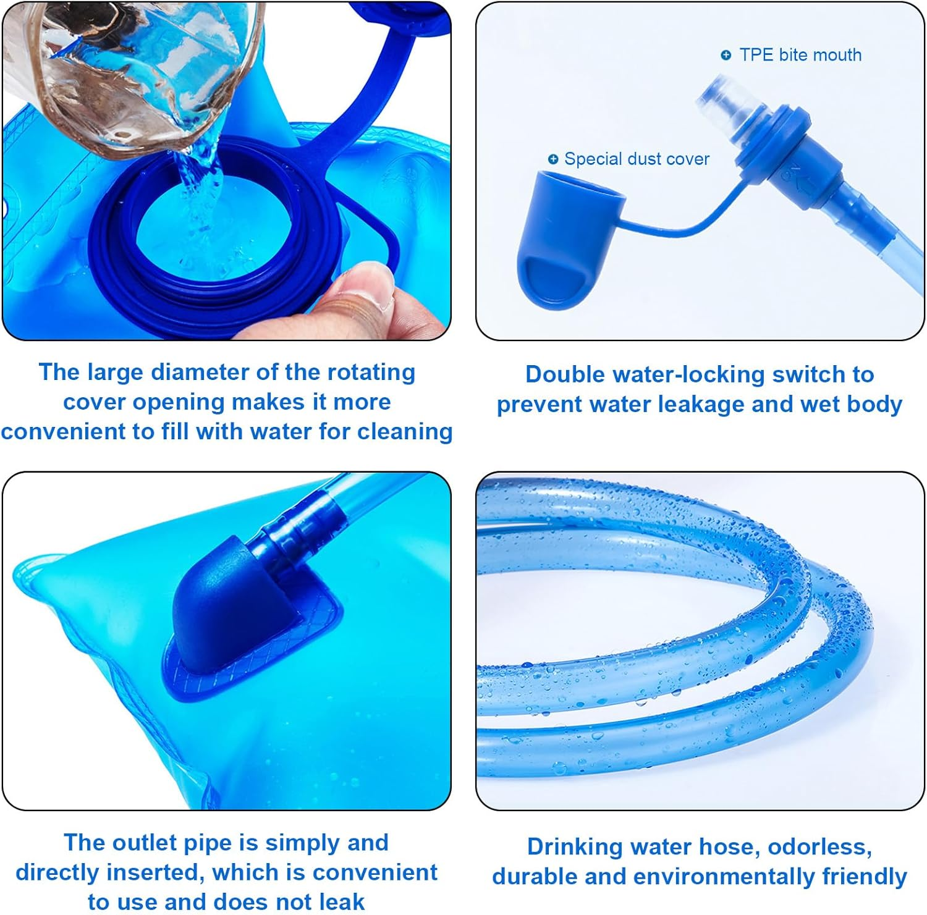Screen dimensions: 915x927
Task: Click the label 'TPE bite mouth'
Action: pos(800,55)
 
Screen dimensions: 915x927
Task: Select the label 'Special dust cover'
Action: pos(637,159)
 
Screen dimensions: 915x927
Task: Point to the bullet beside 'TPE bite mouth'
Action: pos(726,56)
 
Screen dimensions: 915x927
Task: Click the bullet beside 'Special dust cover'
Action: pos(553,159)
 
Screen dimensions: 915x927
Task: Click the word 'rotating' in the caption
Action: pos(371,373)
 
